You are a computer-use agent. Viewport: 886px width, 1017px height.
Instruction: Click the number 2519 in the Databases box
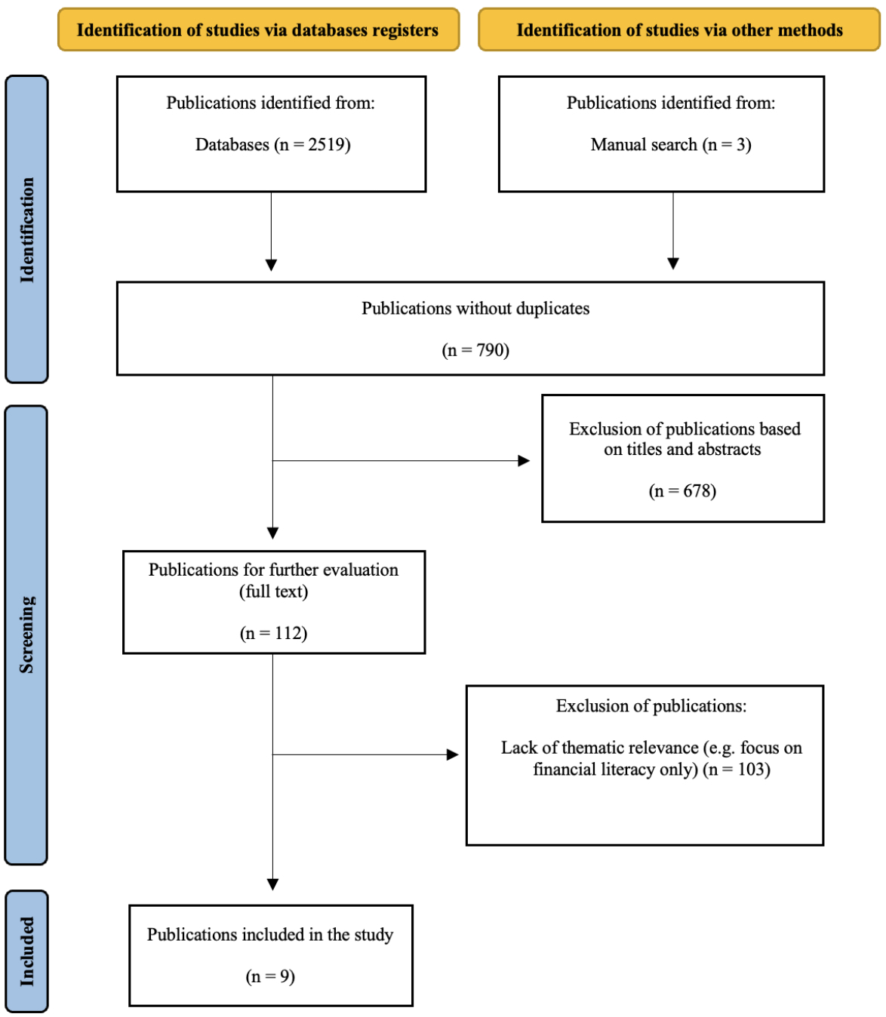tap(326, 145)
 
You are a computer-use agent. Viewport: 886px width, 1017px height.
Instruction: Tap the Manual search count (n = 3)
tap(727, 145)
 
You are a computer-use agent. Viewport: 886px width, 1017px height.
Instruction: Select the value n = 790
tap(475, 350)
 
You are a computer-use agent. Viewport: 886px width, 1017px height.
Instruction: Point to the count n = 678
tap(682, 491)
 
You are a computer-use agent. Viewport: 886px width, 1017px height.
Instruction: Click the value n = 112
tap(273, 633)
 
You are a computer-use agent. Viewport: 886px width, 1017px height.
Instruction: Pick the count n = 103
tap(737, 770)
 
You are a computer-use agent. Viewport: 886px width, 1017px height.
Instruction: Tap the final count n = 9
tap(270, 976)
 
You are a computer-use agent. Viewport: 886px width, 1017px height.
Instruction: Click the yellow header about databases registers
tap(259, 29)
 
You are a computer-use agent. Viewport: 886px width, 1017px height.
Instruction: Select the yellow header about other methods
tap(679, 29)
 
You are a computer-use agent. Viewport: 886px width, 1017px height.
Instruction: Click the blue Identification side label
tap(27, 229)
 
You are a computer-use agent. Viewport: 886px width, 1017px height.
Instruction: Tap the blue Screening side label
tap(26, 634)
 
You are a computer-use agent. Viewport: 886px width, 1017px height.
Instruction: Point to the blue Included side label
tap(27, 951)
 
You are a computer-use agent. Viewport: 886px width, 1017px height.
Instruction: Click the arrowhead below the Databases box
tap(271, 265)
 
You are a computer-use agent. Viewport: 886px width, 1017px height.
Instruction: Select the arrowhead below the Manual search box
tap(672, 264)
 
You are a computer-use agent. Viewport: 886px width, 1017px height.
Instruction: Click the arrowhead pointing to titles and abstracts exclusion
tap(524, 461)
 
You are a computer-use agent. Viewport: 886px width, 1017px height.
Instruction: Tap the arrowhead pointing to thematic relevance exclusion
tap(453, 754)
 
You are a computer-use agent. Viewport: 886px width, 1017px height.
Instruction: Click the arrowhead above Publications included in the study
tap(272, 884)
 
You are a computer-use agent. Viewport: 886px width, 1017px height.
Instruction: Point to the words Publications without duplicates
tap(475, 309)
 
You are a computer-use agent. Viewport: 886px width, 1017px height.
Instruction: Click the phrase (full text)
tap(273, 591)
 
